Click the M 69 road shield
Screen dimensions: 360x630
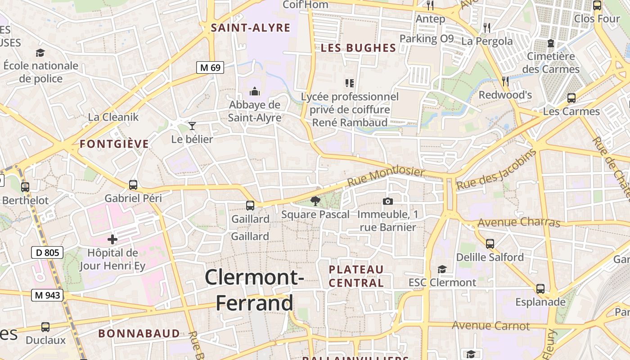tap(210, 67)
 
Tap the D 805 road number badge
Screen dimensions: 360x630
tap(47, 252)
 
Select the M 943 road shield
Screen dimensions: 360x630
tap(47, 295)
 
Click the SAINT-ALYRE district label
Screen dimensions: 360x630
tap(251, 28)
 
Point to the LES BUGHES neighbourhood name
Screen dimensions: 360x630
tap(358, 48)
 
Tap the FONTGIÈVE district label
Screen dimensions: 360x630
tap(114, 144)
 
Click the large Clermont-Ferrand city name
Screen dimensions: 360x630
tap(255, 290)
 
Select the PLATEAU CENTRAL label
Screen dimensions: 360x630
tap(356, 276)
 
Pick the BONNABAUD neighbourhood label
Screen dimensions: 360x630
tap(139, 333)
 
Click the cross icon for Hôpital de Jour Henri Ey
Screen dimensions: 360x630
tap(112, 239)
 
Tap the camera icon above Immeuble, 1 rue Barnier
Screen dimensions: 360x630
tap(387, 201)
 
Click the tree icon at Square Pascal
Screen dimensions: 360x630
tap(315, 201)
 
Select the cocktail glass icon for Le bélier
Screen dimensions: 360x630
tap(192, 126)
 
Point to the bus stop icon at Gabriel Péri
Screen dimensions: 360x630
tap(133, 184)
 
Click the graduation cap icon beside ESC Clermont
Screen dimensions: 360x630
tap(442, 269)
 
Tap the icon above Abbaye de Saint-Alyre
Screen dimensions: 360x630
tap(255, 92)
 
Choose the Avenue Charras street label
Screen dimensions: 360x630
tap(518, 222)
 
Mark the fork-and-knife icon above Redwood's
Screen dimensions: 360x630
tap(505, 81)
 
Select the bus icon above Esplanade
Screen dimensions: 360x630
tap(540, 288)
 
